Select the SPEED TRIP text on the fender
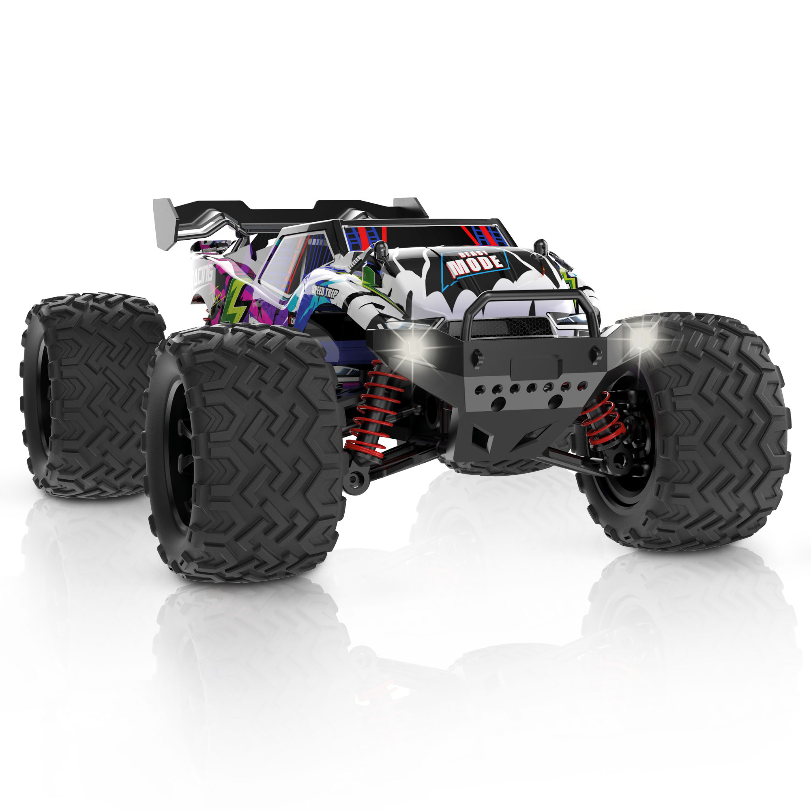point(325,291)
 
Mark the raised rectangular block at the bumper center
point(536,367)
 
